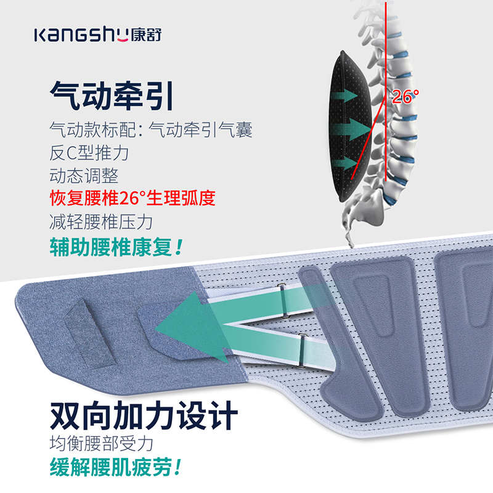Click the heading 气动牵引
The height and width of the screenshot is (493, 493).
(111, 97)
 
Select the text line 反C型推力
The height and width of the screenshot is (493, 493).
(89, 152)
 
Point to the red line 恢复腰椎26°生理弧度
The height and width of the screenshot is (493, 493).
(132, 198)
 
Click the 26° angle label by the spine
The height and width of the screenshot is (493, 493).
(405, 96)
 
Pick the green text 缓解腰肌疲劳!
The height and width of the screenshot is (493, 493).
(116, 467)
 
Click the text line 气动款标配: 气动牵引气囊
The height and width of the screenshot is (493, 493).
(150, 129)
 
